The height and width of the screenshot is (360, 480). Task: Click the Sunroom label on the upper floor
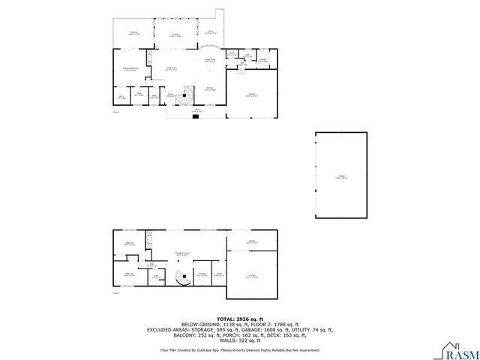(x=175, y=35)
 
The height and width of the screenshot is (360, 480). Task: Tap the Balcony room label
(x=134, y=33)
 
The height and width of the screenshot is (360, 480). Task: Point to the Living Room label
(x=172, y=69)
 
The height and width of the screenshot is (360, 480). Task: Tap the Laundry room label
(x=263, y=60)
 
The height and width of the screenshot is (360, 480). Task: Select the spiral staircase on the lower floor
(x=182, y=278)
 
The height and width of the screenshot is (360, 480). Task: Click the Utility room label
(x=218, y=273)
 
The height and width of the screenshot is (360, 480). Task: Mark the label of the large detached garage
(x=341, y=177)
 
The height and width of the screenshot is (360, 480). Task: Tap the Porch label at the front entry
(x=196, y=109)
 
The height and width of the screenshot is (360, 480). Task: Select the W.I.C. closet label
(x=121, y=96)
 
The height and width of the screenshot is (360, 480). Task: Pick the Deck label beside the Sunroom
(x=211, y=32)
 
